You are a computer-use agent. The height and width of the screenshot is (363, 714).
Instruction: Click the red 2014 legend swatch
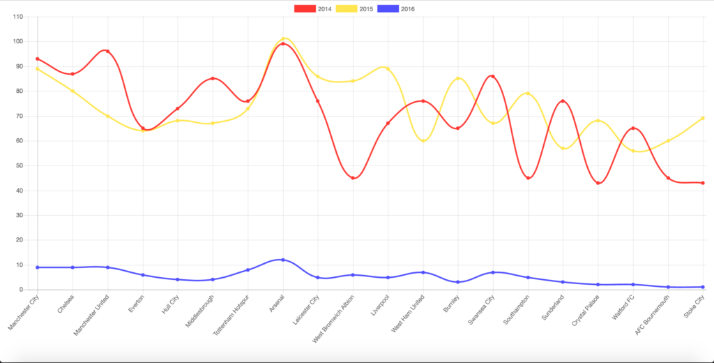point(304,9)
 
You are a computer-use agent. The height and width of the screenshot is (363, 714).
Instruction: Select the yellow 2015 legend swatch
point(346,9)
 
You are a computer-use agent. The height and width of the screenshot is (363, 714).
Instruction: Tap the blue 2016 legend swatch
point(388,9)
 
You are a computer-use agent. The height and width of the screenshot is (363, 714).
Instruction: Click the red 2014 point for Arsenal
point(282,43)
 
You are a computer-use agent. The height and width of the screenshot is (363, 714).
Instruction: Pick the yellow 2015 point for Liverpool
point(388,68)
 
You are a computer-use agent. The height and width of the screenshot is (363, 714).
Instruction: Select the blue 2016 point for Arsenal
point(282,260)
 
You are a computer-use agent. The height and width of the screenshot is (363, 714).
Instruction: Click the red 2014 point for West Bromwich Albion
point(353,178)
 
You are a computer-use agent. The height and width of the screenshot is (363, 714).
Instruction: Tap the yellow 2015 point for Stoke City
point(703,118)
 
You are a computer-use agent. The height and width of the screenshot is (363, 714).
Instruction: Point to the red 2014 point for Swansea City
point(493,76)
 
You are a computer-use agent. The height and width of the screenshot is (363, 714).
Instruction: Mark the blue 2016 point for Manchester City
point(37,267)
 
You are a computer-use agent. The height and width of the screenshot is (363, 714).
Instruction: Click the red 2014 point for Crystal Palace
point(598,183)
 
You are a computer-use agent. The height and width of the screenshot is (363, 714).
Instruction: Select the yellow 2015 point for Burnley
point(458,79)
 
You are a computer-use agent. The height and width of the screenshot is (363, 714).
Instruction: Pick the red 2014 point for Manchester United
point(107,52)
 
